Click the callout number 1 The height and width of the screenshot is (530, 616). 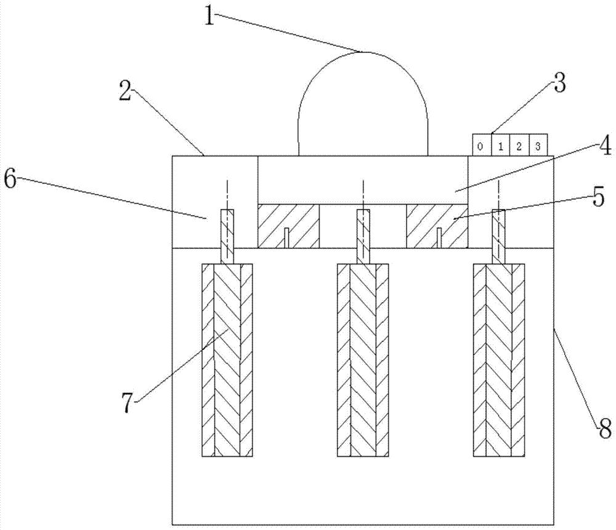point(210,15)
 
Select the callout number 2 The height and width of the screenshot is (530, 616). point(126,94)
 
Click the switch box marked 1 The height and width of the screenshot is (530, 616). point(500,147)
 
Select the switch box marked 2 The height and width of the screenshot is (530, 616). point(519,147)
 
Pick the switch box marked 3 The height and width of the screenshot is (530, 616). point(538,147)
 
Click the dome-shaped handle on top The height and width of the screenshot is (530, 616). point(363,105)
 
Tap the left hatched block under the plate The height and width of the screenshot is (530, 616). point(288,226)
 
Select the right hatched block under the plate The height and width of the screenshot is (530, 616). point(437,226)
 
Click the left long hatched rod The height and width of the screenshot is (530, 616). point(227,361)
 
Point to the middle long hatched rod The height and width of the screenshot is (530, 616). point(363,361)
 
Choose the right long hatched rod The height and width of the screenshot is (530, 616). point(499,361)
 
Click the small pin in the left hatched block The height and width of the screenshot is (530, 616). point(287,238)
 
